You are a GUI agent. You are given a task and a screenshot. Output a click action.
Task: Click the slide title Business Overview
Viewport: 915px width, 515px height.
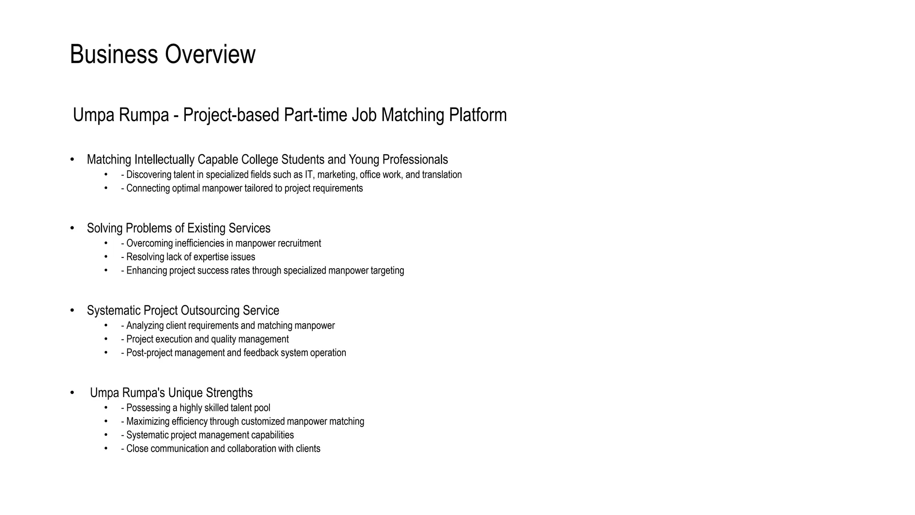pyautogui.click(x=163, y=55)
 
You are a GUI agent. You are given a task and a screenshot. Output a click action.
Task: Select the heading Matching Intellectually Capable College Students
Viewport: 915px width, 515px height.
pyautogui.click(x=267, y=160)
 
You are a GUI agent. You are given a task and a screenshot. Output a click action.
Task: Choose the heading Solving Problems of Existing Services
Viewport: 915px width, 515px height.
pyautogui.click(x=178, y=228)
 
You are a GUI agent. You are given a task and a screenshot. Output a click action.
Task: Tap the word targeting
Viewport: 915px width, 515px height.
pyautogui.click(x=387, y=270)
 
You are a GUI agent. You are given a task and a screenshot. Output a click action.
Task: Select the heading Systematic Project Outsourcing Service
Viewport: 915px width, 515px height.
pyautogui.click(x=183, y=311)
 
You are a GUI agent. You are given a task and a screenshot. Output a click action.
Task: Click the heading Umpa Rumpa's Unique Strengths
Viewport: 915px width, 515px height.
pyautogui.click(x=171, y=393)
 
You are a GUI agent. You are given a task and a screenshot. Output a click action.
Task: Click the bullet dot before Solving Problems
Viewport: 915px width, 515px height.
pyautogui.click(x=72, y=228)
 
